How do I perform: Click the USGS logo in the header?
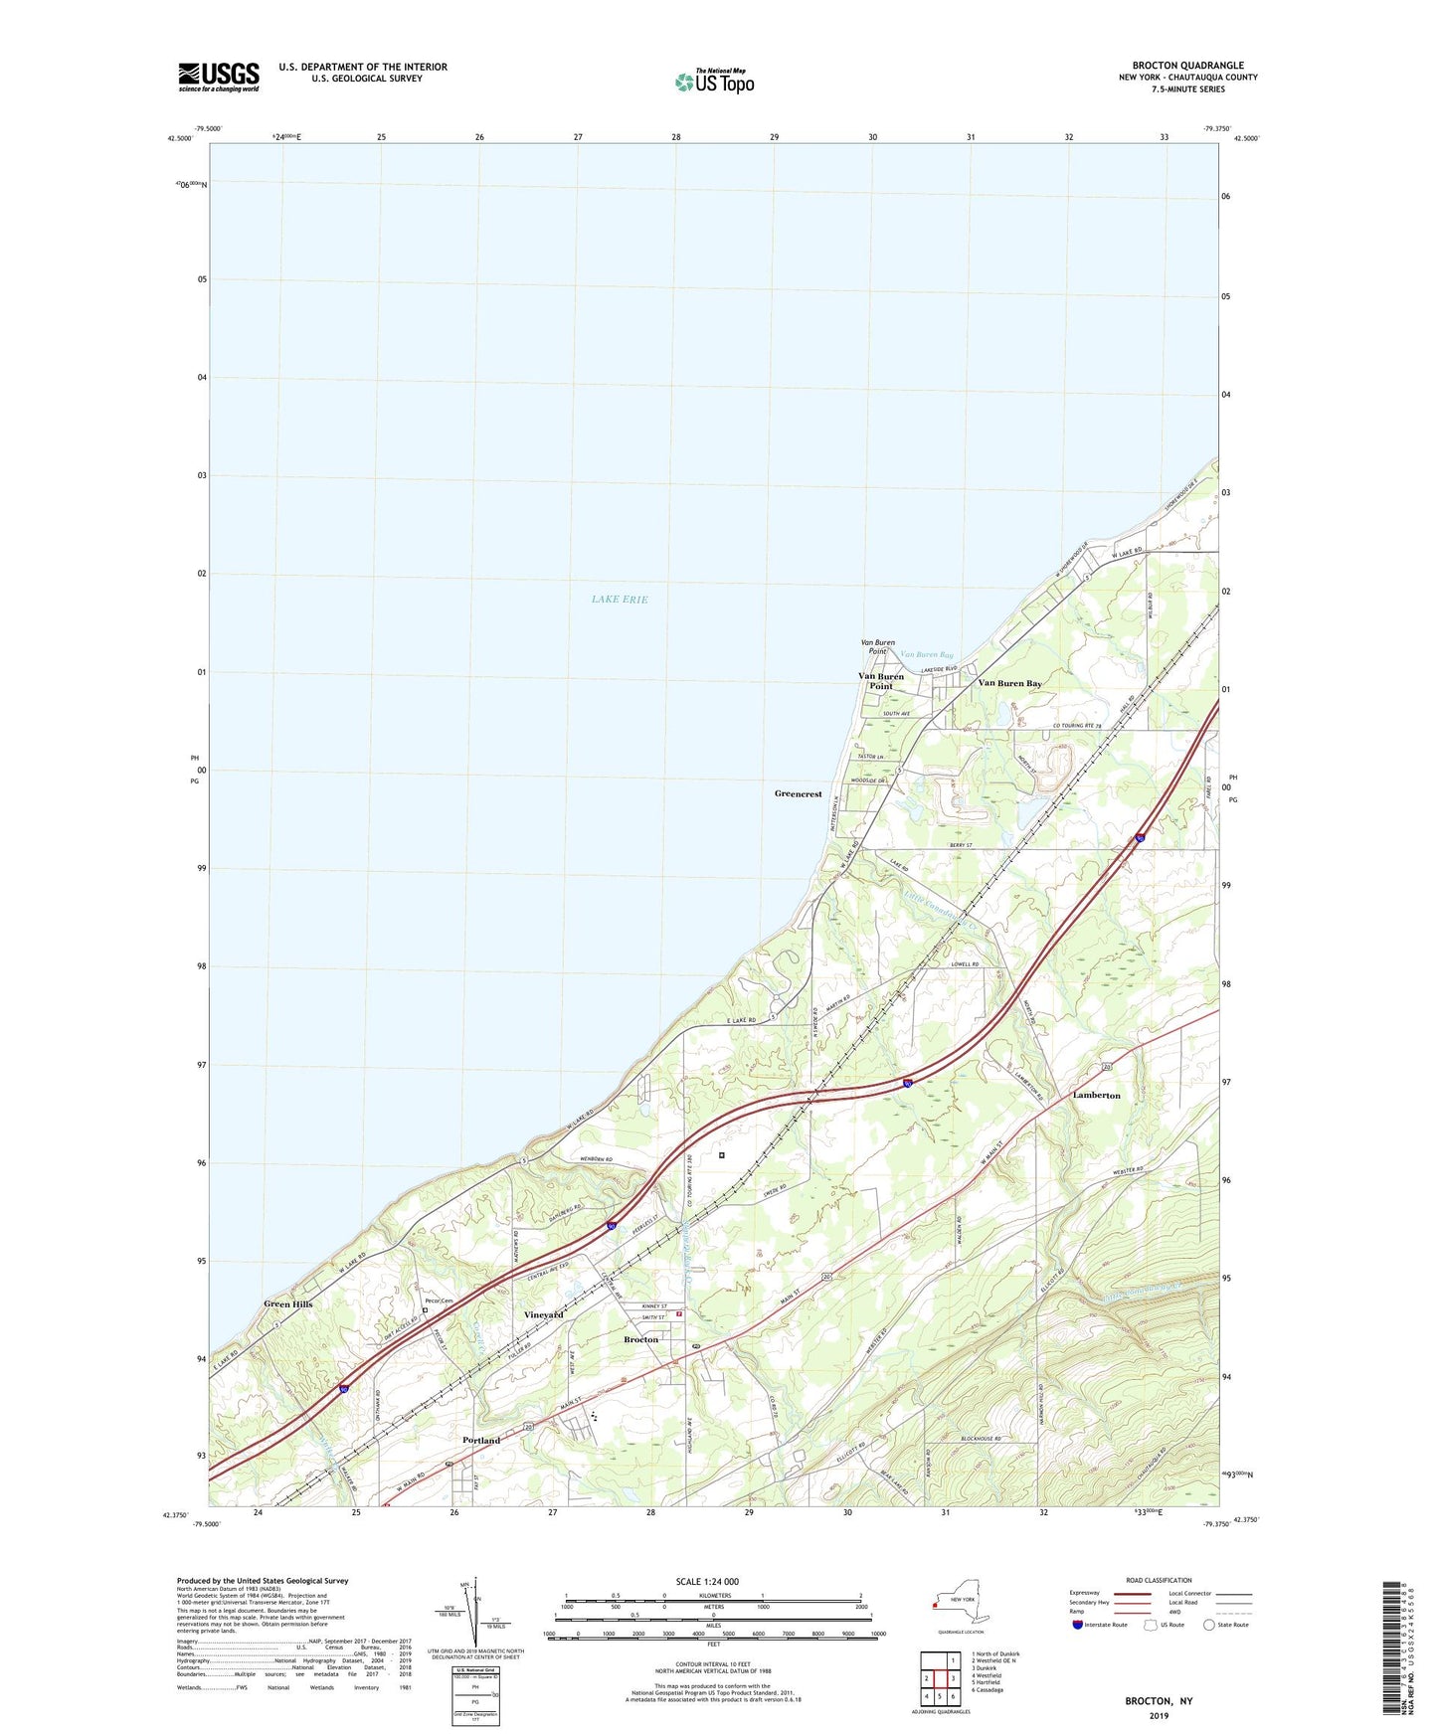[219, 77]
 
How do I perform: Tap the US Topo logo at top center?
[714, 81]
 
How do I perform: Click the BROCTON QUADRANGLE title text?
[1187, 66]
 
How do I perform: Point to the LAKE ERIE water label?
[620, 600]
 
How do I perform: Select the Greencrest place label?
[798, 794]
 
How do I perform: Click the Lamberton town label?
[1096, 1096]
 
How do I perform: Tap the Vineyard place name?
[543, 1314]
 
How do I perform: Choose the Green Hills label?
[287, 1303]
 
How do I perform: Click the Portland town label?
[481, 1440]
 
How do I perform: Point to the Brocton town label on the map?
[640, 1339]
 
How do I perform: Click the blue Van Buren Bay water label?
[926, 655]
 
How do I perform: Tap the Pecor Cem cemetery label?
[439, 1302]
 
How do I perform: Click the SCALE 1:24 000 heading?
[707, 1582]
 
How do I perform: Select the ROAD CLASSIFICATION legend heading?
[1159, 1580]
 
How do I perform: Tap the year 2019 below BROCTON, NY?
[1159, 1715]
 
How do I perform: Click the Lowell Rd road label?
[965, 964]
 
